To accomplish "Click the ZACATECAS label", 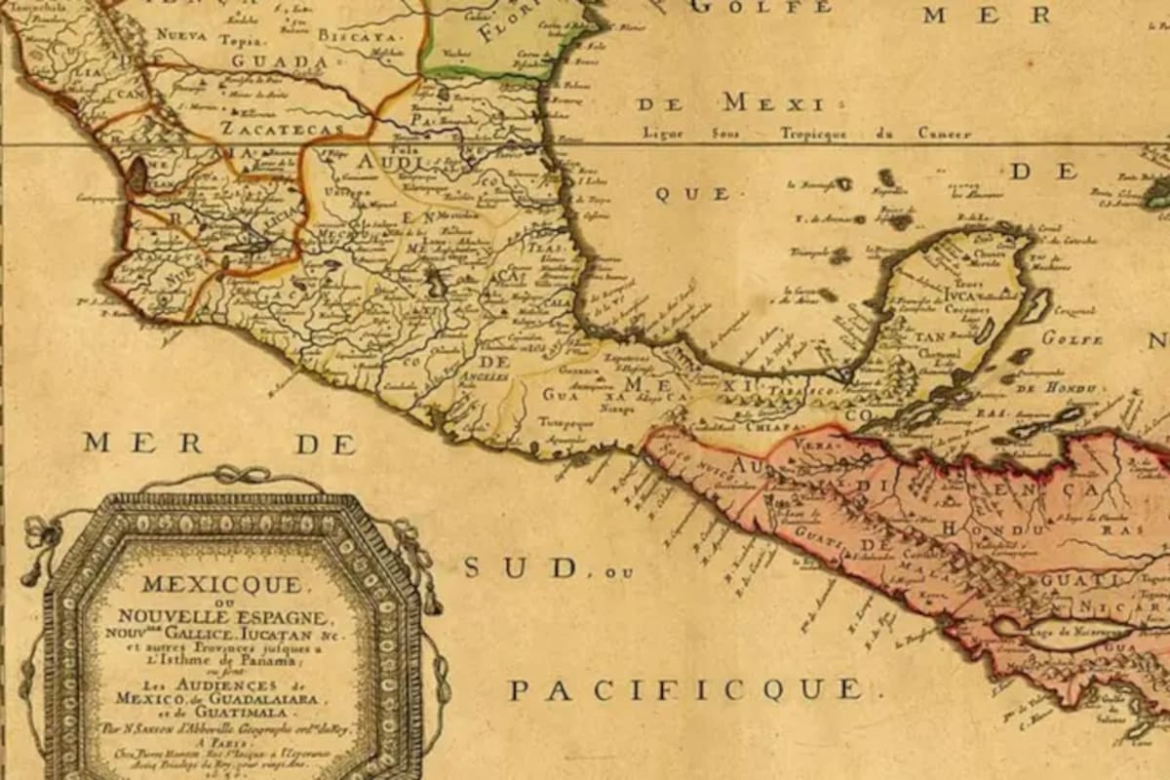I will pos(282,128).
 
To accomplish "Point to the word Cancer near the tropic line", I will pos(942,134).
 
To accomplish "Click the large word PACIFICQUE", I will pos(686,690).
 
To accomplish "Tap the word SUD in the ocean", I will pos(524,567).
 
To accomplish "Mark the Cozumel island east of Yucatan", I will pos(1036,306).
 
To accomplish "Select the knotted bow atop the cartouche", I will pos(231,475).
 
